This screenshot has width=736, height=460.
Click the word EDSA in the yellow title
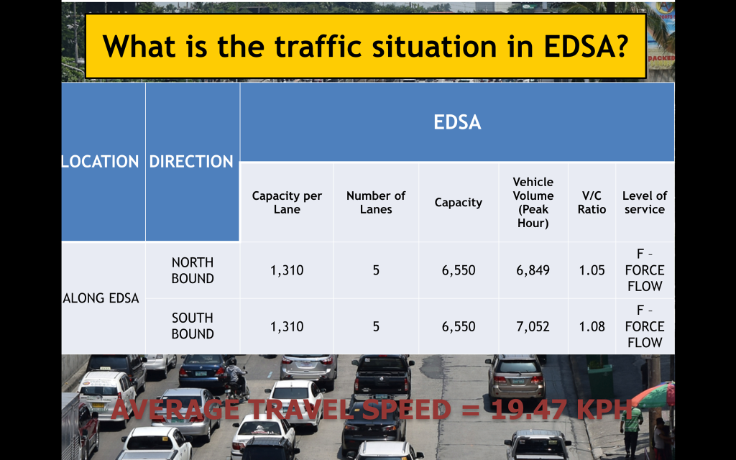pyautogui.click(x=585, y=46)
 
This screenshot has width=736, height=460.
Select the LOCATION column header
pyautogui.click(x=101, y=162)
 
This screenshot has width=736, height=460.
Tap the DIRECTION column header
pyautogui.click(x=191, y=162)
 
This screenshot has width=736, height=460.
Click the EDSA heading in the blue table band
pyautogui.click(x=457, y=122)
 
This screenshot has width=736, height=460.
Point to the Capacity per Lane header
pyautogui.click(x=287, y=202)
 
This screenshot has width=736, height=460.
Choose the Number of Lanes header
pyautogui.click(x=376, y=202)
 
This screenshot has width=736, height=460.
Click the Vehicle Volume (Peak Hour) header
pyautogui.click(x=533, y=202)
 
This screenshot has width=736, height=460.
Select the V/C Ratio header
pyautogui.click(x=592, y=202)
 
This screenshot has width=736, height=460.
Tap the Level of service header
pyautogui.click(x=645, y=202)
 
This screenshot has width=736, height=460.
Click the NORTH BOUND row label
pyautogui.click(x=193, y=270)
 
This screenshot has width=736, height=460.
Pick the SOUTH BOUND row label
pyautogui.click(x=193, y=326)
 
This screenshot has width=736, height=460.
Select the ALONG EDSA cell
pyautogui.click(x=101, y=298)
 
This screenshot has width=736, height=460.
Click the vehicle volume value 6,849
pyautogui.click(x=533, y=270)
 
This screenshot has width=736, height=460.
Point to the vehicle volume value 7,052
pyautogui.click(x=533, y=326)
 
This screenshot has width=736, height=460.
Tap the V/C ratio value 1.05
pyautogui.click(x=592, y=270)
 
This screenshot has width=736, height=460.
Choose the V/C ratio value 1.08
pyautogui.click(x=592, y=326)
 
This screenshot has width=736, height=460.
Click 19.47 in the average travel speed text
pyautogui.click(x=529, y=409)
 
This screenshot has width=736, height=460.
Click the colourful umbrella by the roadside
pyautogui.click(x=655, y=395)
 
